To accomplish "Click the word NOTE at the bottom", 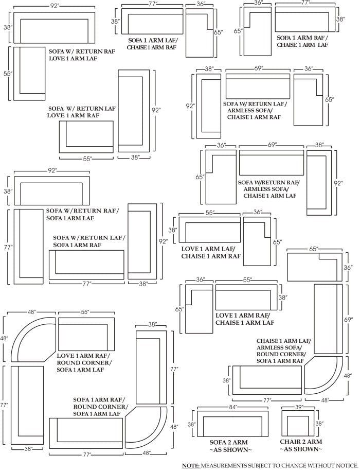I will pyautogui.click(x=191, y=466).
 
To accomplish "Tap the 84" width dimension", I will pyautogui.click(x=233, y=407).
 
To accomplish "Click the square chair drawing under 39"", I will pyautogui.click(x=298, y=424).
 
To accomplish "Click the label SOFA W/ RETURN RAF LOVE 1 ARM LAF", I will pyautogui.click(x=82, y=55).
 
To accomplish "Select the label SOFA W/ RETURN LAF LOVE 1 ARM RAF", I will pyautogui.click(x=82, y=112).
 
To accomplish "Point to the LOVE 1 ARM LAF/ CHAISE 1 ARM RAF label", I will pyautogui.click(x=211, y=252).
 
